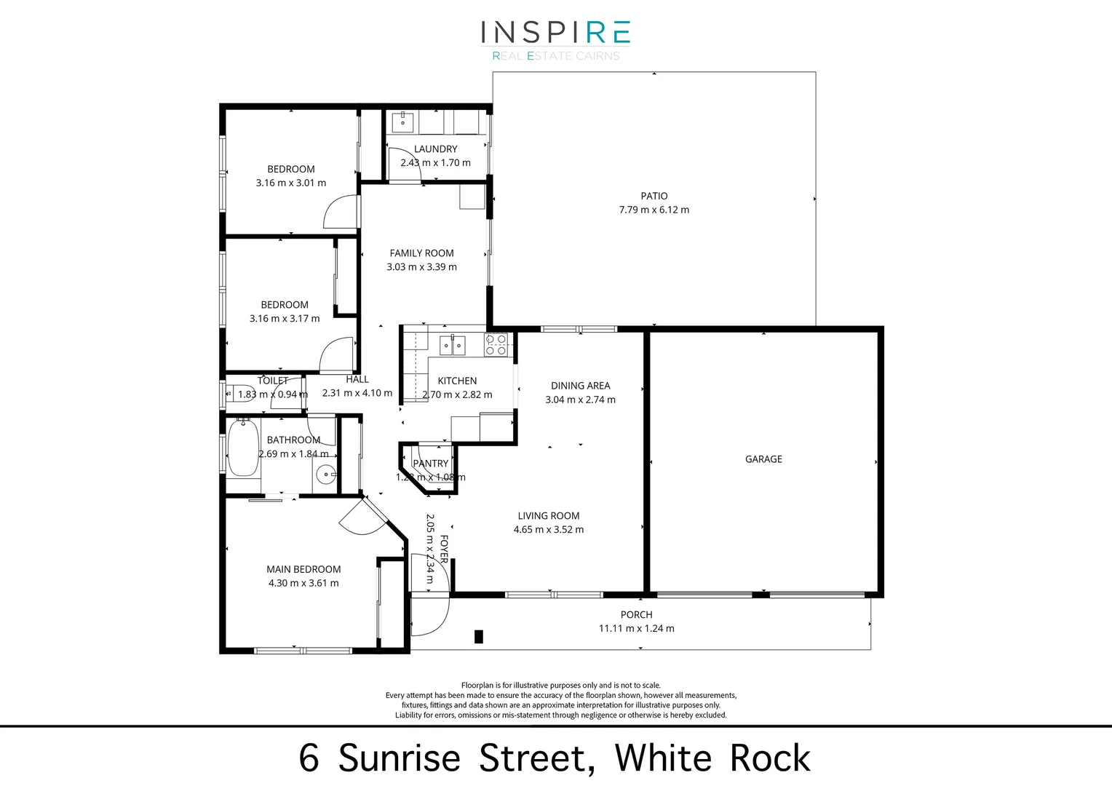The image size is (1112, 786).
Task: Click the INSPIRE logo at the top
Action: point(555,33)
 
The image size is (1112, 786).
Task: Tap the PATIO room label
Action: point(654,196)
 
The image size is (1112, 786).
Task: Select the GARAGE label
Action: point(763,459)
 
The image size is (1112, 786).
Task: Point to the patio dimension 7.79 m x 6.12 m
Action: point(654,210)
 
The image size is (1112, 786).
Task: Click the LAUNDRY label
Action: point(435,149)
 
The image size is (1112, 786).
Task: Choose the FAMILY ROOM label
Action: point(421,253)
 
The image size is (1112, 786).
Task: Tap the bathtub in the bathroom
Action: point(242,448)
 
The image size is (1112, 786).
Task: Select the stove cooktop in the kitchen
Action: point(496,344)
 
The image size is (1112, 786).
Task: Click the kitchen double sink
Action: point(452,344)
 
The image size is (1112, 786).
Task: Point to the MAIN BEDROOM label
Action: point(303,569)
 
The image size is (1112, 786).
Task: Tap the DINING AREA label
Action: point(580,386)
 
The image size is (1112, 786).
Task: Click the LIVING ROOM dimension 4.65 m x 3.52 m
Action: point(548,530)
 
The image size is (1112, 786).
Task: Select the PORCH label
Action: point(636,615)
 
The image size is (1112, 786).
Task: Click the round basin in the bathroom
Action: point(325,476)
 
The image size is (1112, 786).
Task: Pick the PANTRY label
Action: point(430,464)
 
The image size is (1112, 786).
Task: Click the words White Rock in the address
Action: point(712,758)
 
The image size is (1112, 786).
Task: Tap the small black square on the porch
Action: point(478,637)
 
